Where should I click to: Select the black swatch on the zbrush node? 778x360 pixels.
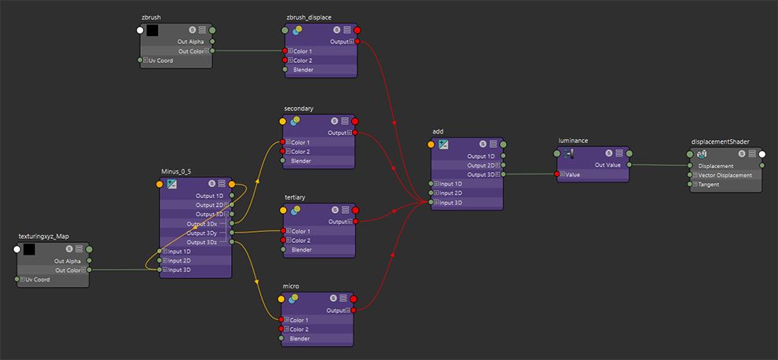[x=152, y=31]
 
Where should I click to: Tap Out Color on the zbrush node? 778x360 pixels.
[x=191, y=51]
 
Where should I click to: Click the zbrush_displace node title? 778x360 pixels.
[x=309, y=17]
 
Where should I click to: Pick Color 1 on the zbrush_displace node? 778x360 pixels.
[x=303, y=51]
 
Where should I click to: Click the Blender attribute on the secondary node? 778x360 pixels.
[x=303, y=160]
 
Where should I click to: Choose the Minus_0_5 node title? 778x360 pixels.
[x=178, y=171]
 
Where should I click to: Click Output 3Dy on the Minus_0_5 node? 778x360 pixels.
[x=202, y=233]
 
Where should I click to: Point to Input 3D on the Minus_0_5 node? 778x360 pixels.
[x=178, y=270]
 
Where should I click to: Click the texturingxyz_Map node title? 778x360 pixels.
[x=44, y=236]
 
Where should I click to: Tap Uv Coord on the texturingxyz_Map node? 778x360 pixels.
[x=35, y=279]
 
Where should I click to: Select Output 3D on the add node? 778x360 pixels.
[x=481, y=174]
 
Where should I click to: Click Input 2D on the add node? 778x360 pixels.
[x=451, y=193]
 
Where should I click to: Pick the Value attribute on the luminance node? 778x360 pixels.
[x=571, y=174]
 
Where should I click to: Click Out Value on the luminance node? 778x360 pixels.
[x=607, y=165]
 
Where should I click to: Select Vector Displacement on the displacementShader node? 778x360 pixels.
[x=725, y=175]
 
